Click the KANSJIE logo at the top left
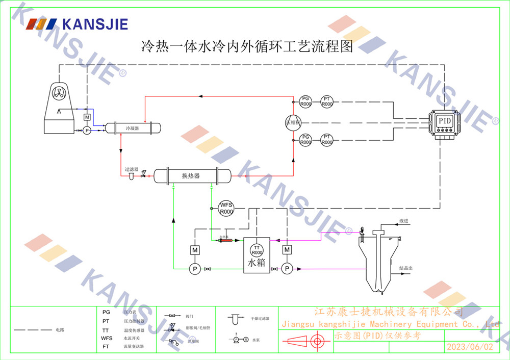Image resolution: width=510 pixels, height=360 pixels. (x=76, y=24)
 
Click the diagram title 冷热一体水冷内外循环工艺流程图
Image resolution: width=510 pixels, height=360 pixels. (x=247, y=47)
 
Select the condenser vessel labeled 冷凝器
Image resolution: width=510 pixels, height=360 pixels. (x=133, y=128)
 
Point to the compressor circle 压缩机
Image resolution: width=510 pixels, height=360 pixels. (x=293, y=122)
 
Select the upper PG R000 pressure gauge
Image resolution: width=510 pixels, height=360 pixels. (x=305, y=101)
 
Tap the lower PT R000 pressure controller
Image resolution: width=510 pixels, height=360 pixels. (x=327, y=140)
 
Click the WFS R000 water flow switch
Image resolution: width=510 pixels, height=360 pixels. (x=226, y=208)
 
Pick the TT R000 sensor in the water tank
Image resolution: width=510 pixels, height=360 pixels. (x=257, y=250)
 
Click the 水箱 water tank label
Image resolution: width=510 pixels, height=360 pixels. (x=257, y=264)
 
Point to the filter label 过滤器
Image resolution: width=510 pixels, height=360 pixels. (x=132, y=169)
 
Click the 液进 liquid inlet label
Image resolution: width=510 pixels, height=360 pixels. (x=404, y=220)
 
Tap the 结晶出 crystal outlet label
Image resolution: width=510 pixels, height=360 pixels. (x=406, y=268)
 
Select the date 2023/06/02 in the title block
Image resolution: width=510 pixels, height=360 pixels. (x=470, y=347)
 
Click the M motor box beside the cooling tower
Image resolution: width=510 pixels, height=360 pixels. (x=87, y=117)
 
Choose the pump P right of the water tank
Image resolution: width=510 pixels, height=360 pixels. (x=287, y=268)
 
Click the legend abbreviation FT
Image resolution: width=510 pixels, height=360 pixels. (x=106, y=346)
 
